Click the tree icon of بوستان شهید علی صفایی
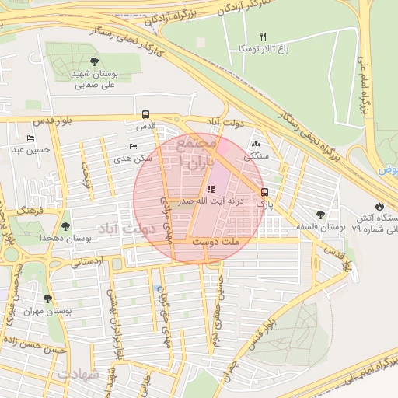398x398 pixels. click(x=94, y=61)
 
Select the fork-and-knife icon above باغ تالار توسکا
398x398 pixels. click(x=263, y=37)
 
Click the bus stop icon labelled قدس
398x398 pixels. click(x=145, y=114)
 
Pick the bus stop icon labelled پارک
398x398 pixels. click(x=264, y=192)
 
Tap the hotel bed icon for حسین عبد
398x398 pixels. click(x=30, y=138)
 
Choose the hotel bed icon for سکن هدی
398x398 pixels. click(x=133, y=147)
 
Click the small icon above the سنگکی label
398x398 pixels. click(x=257, y=144)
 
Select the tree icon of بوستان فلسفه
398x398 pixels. click(x=320, y=215)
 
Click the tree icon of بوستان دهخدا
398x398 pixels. click(x=65, y=227)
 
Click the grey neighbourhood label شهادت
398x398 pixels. click(x=78, y=375)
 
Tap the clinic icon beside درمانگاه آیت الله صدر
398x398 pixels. click(x=210, y=189)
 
